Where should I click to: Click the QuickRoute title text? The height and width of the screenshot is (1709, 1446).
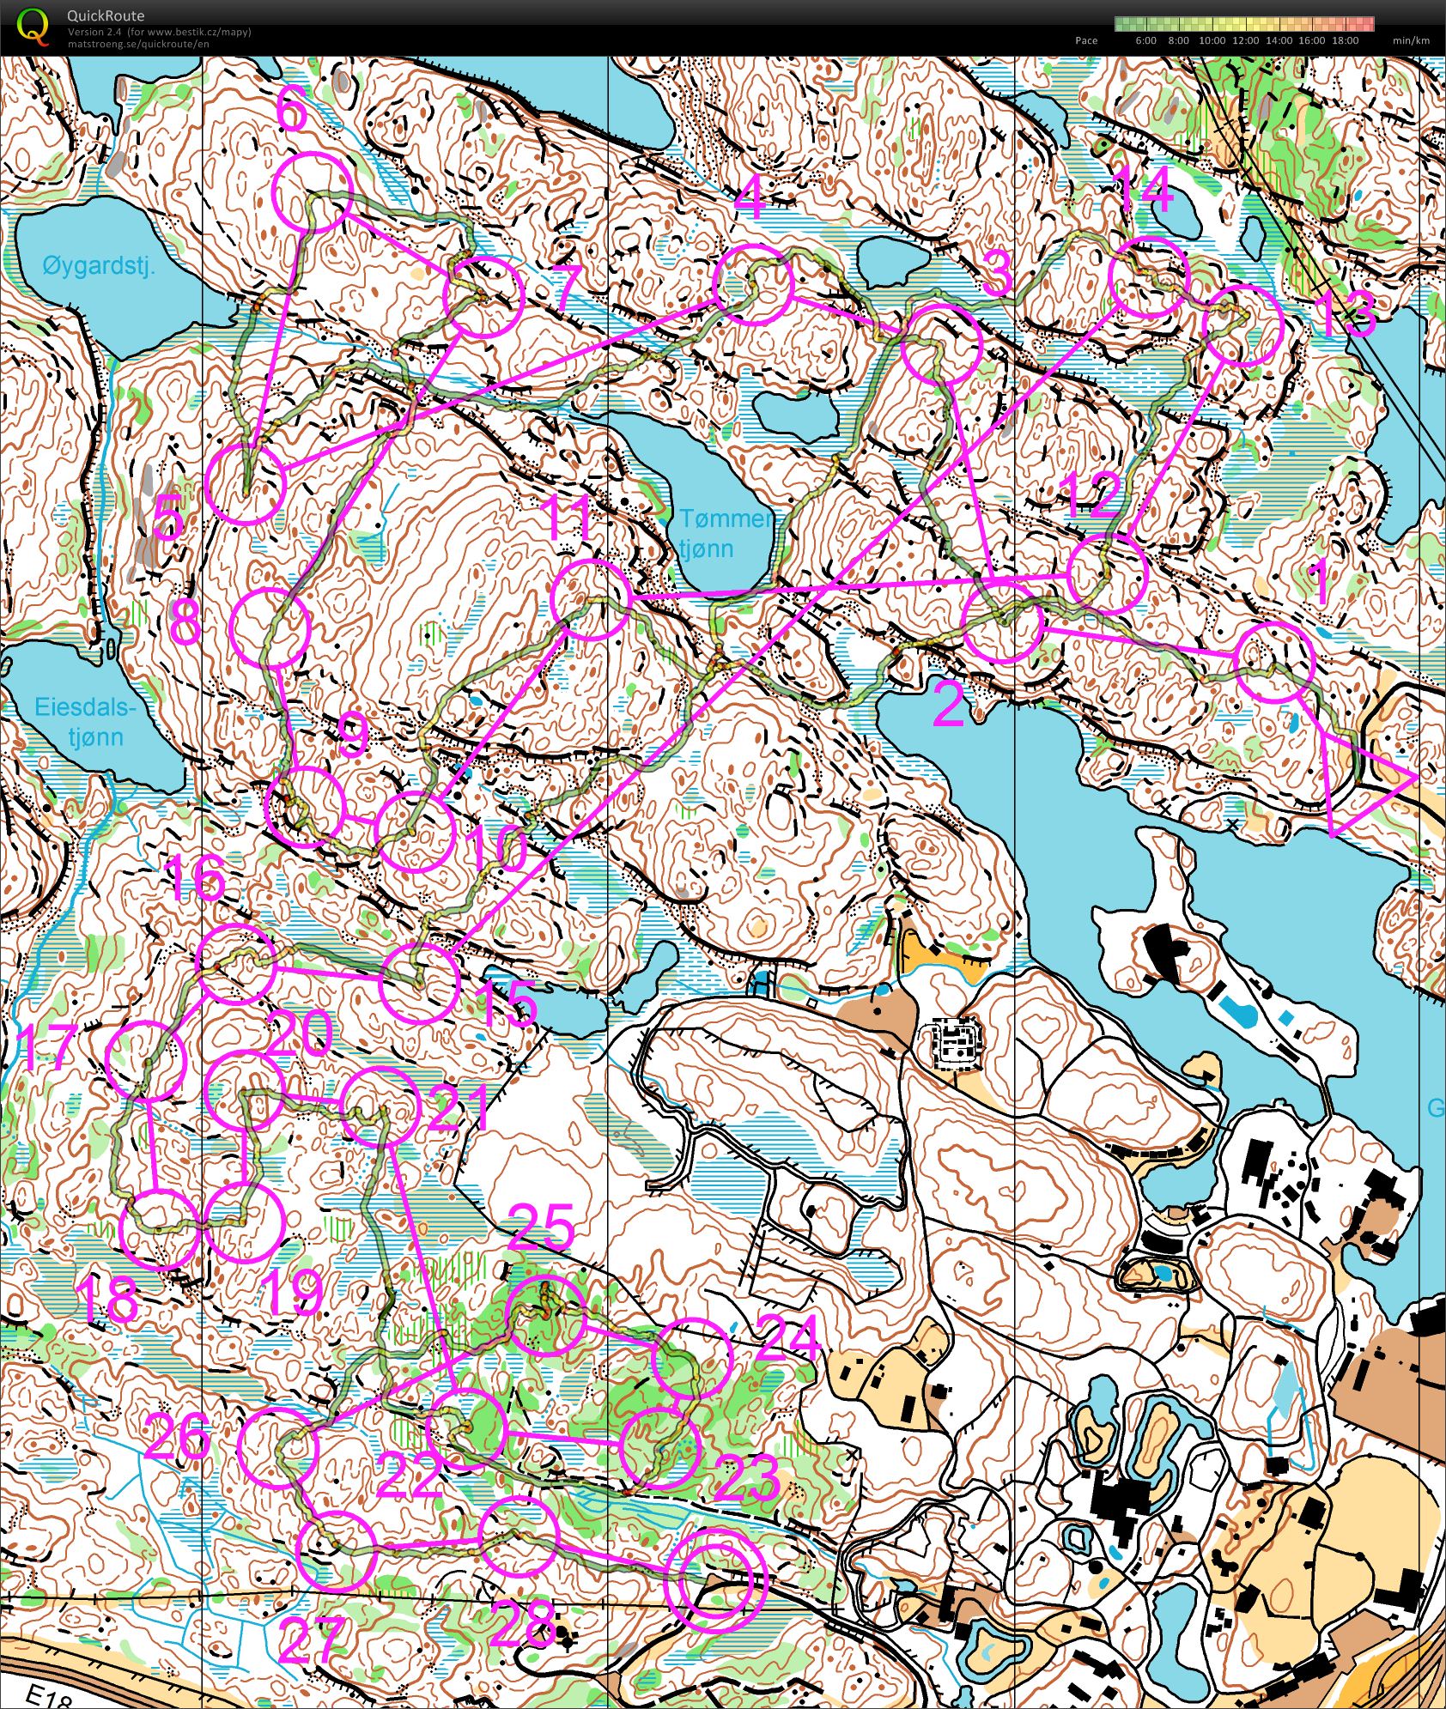tap(105, 15)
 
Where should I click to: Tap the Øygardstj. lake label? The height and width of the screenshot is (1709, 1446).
tap(98, 266)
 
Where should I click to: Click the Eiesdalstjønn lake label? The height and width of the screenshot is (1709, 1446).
tap(85, 722)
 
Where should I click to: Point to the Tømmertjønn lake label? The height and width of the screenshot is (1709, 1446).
tap(726, 532)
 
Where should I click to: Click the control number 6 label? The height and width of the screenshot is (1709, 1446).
tap(292, 112)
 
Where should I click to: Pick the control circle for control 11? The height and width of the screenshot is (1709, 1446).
tap(590, 598)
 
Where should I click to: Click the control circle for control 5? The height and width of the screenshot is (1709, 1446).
tap(246, 484)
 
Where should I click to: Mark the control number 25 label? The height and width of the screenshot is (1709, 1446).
tap(541, 1227)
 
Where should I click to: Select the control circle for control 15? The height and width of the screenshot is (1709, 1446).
tap(418, 984)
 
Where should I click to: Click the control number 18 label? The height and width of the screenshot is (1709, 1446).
tap(107, 1300)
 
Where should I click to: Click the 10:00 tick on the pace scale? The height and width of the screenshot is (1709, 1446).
tap(1212, 40)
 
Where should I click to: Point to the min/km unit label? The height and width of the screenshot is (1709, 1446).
tap(1411, 40)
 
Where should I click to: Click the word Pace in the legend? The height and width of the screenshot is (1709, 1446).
tap(1086, 40)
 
